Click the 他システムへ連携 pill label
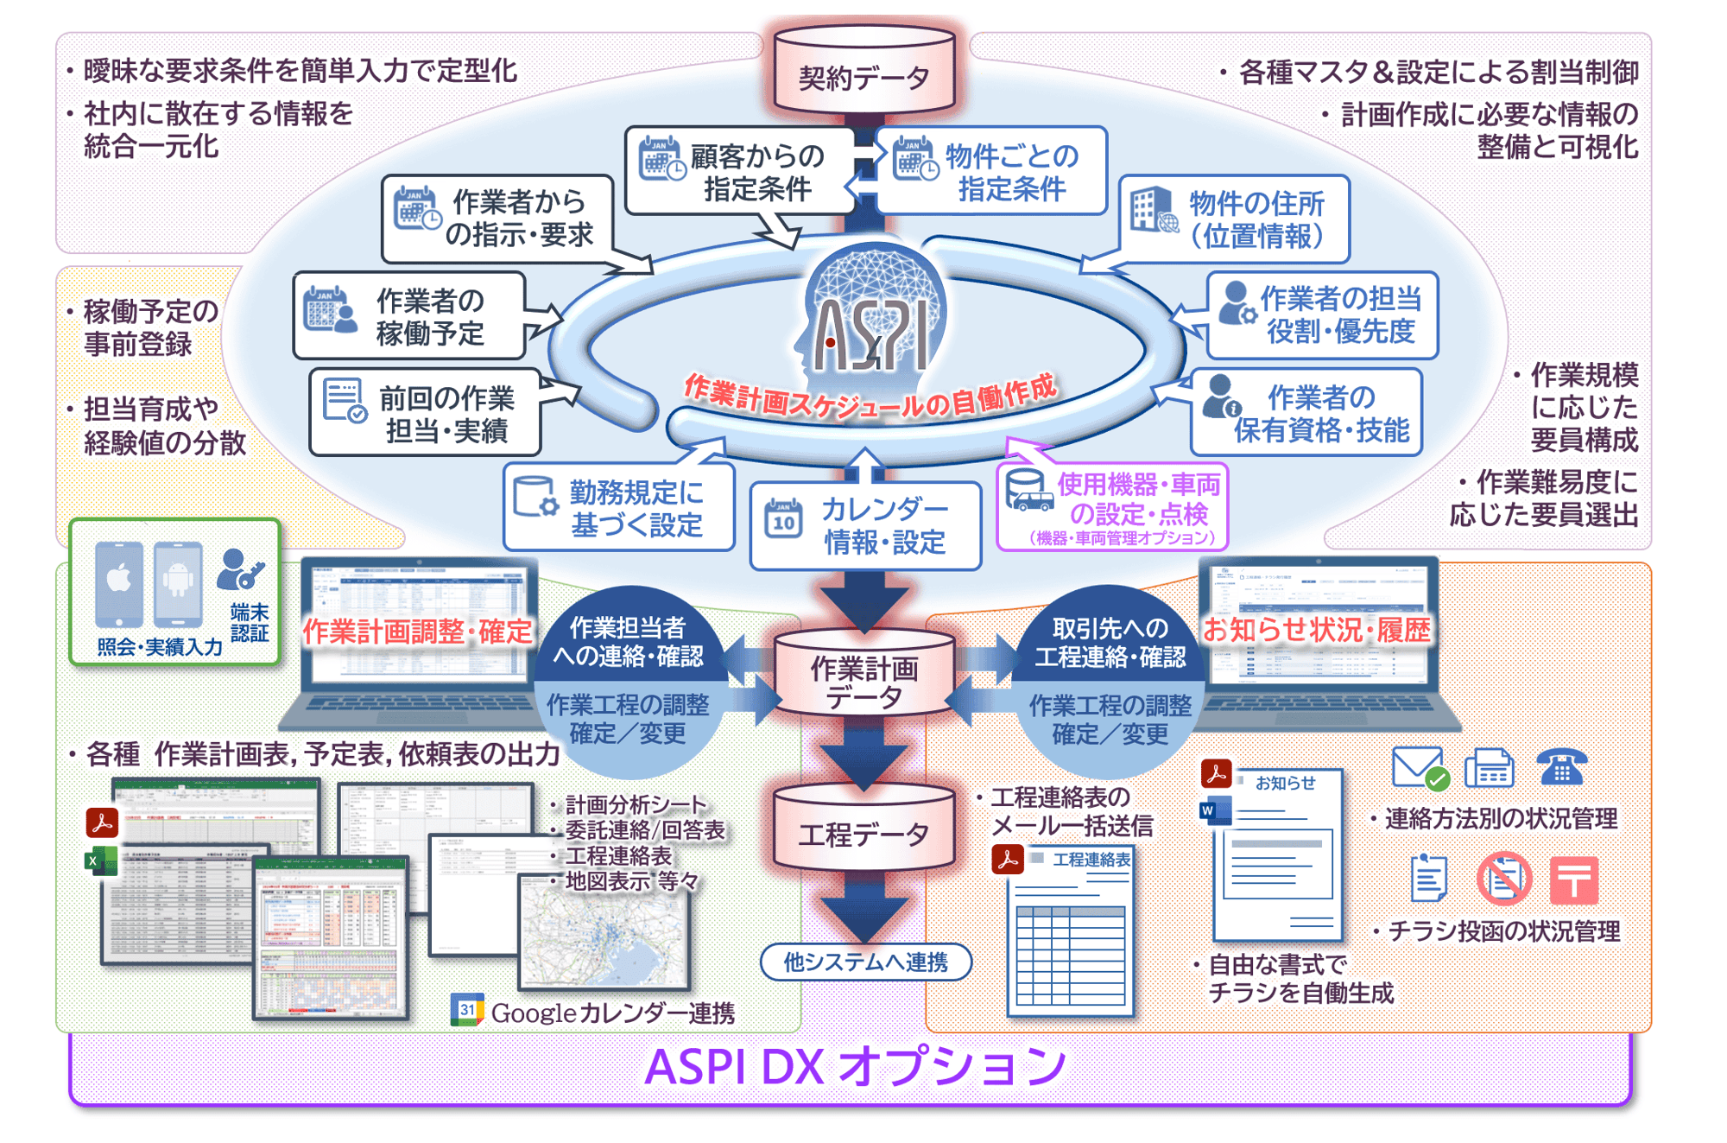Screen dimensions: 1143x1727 tap(865, 962)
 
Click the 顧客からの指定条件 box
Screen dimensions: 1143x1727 tap(740, 171)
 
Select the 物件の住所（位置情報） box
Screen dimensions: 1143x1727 tap(1235, 219)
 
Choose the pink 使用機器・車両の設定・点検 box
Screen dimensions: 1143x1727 tap(1112, 507)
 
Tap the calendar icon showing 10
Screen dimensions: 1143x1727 tap(783, 518)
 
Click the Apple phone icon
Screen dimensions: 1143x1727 tap(119, 583)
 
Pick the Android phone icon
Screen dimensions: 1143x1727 tap(178, 583)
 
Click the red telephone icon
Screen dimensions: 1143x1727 tap(1561, 766)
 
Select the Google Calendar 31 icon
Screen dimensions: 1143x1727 tap(467, 1009)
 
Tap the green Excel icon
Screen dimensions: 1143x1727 tap(100, 861)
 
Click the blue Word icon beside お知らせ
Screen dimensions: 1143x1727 tap(1214, 811)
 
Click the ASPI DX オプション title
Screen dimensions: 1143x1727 tap(855, 1067)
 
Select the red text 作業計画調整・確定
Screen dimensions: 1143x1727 tap(417, 632)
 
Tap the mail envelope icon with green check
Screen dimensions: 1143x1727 tap(1418, 767)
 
